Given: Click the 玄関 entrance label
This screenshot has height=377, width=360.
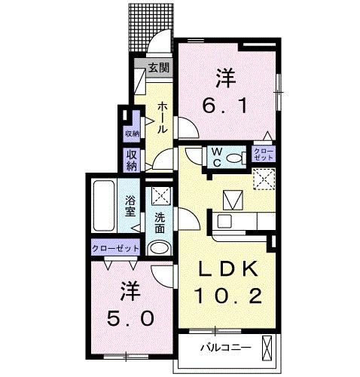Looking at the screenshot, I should point(158,68).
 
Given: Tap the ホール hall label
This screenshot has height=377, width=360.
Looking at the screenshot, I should point(163,118).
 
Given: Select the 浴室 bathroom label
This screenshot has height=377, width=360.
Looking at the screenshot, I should point(130,206).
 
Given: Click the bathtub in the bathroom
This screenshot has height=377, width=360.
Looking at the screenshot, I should point(102,207).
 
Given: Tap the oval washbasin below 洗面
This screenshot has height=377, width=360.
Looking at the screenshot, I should point(159,249).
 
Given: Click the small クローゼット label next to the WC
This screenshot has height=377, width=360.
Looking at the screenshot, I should point(264,156).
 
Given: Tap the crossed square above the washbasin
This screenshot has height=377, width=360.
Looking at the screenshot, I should point(159,197).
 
